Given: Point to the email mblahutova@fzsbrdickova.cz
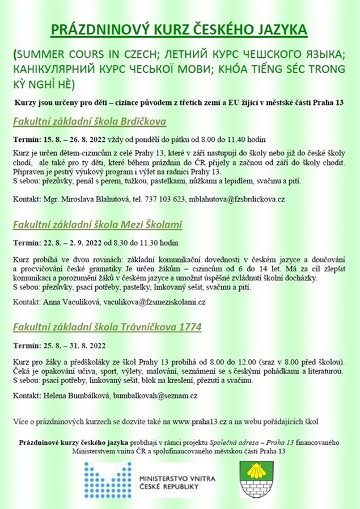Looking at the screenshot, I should pos(237,199).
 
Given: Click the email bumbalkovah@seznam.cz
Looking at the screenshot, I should pos(155,394).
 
